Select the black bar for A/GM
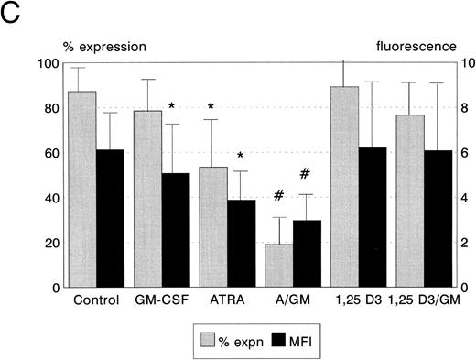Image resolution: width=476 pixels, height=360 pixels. point(307,253)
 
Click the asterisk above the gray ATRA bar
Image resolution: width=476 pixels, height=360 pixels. point(211,108)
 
